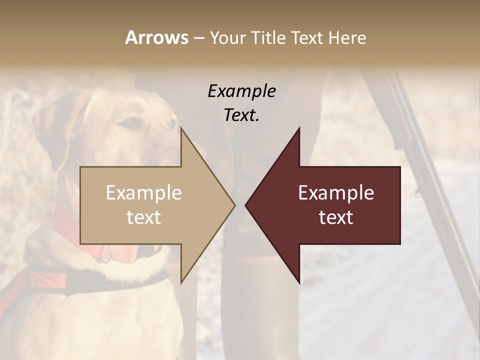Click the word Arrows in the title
click(x=156, y=37)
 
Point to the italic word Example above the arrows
click(x=241, y=91)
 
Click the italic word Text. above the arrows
click(x=241, y=115)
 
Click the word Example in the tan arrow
click(x=143, y=192)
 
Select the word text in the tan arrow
click(x=143, y=217)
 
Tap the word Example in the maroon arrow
click(x=336, y=192)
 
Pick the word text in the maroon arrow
click(x=336, y=217)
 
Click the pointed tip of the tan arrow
click(x=233, y=205)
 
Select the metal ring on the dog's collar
click(x=103, y=253)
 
